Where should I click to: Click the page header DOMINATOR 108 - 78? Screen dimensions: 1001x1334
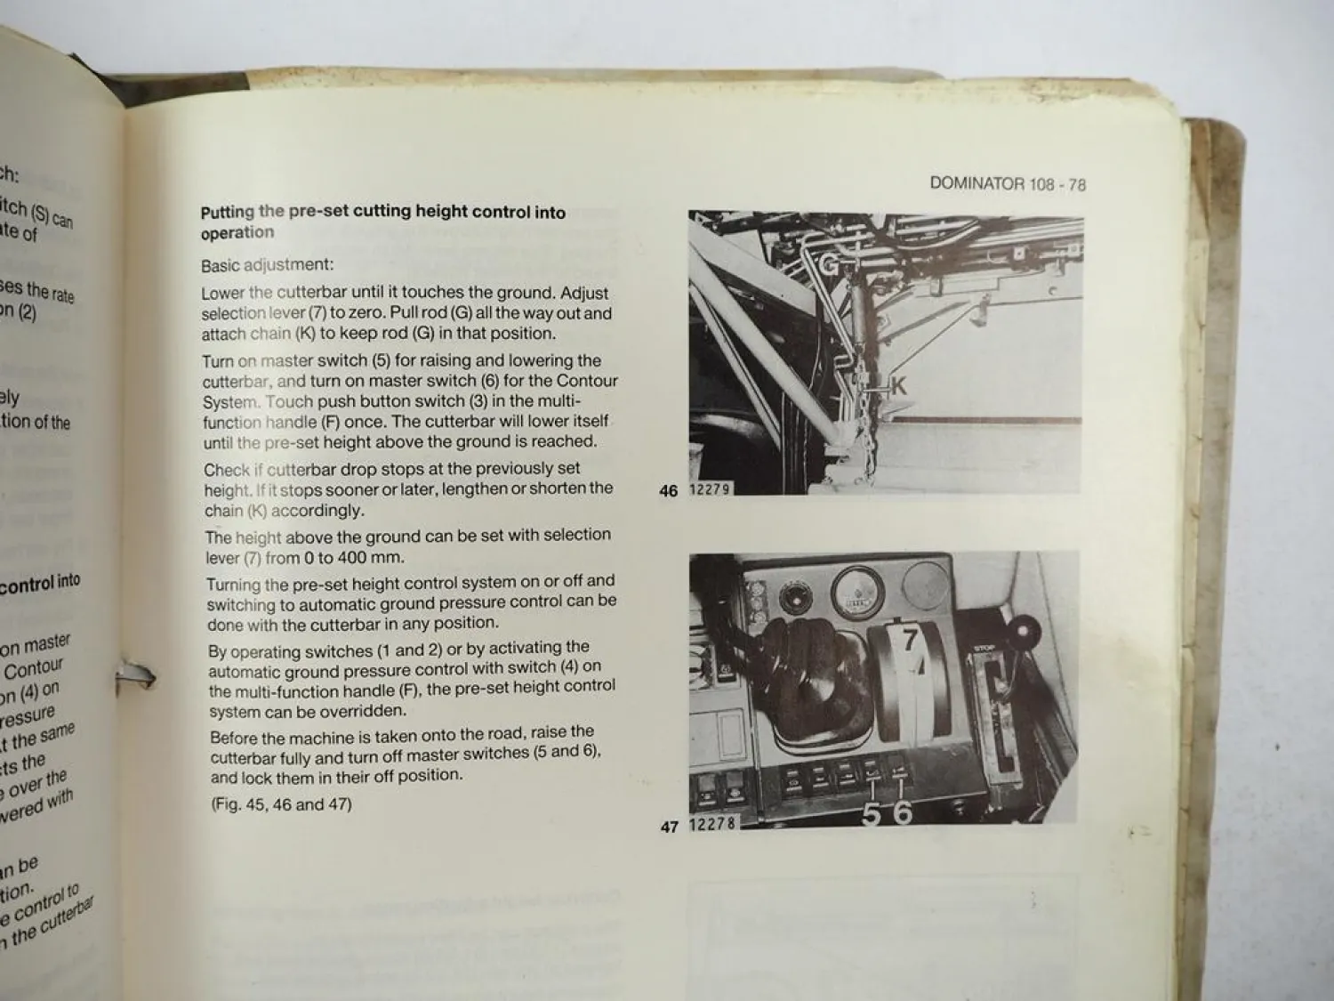tap(1007, 184)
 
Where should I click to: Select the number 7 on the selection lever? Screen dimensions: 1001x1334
tap(910, 639)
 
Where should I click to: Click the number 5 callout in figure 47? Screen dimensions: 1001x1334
tap(872, 812)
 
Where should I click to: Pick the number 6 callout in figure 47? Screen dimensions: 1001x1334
tap(902, 812)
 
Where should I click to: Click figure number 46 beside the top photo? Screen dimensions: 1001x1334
tap(669, 490)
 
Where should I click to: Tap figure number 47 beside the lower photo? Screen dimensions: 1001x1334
tap(670, 827)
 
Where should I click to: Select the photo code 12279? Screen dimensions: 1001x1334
tap(710, 489)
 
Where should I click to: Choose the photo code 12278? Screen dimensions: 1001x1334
tap(712, 825)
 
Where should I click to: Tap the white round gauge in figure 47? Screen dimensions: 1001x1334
tap(853, 591)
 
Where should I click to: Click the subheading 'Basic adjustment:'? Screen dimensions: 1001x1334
tap(267, 265)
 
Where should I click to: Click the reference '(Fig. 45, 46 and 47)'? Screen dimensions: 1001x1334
tap(281, 804)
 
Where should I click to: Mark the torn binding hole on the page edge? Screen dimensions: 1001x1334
tap(135, 678)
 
